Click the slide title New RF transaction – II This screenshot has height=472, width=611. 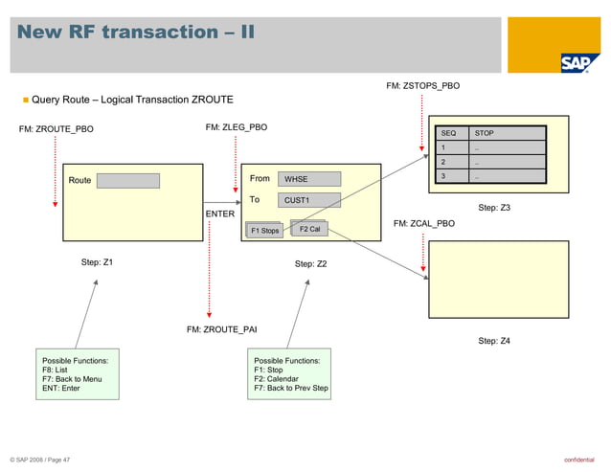(136, 33)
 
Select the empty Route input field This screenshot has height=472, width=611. (127, 181)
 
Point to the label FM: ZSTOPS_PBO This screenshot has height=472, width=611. (422, 86)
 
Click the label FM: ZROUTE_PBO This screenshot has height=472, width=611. (57, 127)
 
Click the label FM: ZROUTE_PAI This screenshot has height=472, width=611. (221, 329)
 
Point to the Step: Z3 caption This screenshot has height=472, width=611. (494, 208)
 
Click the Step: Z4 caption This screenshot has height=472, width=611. (494, 341)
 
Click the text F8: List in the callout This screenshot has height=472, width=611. (55, 370)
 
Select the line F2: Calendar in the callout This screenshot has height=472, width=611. (276, 379)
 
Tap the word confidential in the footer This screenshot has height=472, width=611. (581, 461)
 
